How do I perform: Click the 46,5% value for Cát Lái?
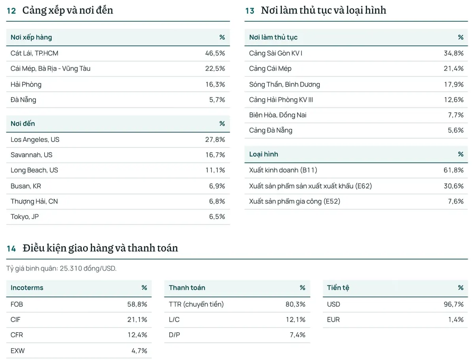coord(215,53)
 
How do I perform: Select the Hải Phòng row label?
coord(26,85)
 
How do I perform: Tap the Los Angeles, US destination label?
coord(35,139)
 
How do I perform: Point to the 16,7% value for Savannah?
coord(215,155)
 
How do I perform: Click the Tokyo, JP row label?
coord(24,217)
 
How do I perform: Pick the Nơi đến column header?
coord(23,124)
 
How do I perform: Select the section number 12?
coord(11,11)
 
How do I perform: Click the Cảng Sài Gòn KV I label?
coord(276,53)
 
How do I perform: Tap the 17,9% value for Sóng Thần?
coord(454,84)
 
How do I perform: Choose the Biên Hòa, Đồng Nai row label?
coord(278,115)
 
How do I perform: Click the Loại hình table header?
coord(263,154)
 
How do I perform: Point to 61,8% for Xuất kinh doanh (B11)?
coord(453,170)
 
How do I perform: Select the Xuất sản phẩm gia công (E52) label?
coord(295,201)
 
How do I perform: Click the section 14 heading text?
coord(100,248)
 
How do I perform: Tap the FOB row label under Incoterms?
coord(17,304)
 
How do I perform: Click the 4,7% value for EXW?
coord(139,351)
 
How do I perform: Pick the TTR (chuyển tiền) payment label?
coord(196,304)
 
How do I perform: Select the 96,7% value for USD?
coord(453,304)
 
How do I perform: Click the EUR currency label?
coord(333,320)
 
